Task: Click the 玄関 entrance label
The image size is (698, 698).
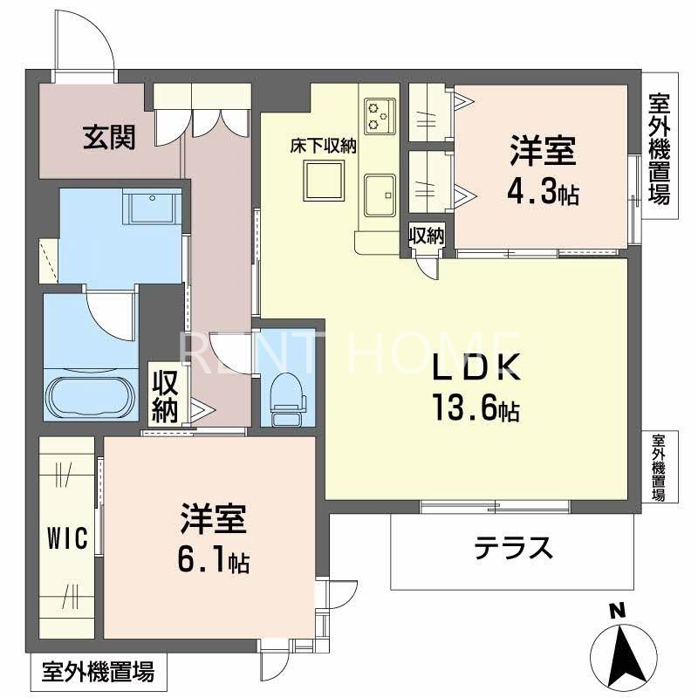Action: click(109, 137)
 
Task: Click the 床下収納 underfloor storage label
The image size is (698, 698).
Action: click(324, 147)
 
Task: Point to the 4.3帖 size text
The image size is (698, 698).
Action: click(543, 191)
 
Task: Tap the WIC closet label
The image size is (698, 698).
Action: click(66, 539)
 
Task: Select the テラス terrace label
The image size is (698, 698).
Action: click(513, 548)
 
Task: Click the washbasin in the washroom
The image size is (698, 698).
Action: click(150, 209)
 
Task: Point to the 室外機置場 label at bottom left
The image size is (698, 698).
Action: click(98, 673)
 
